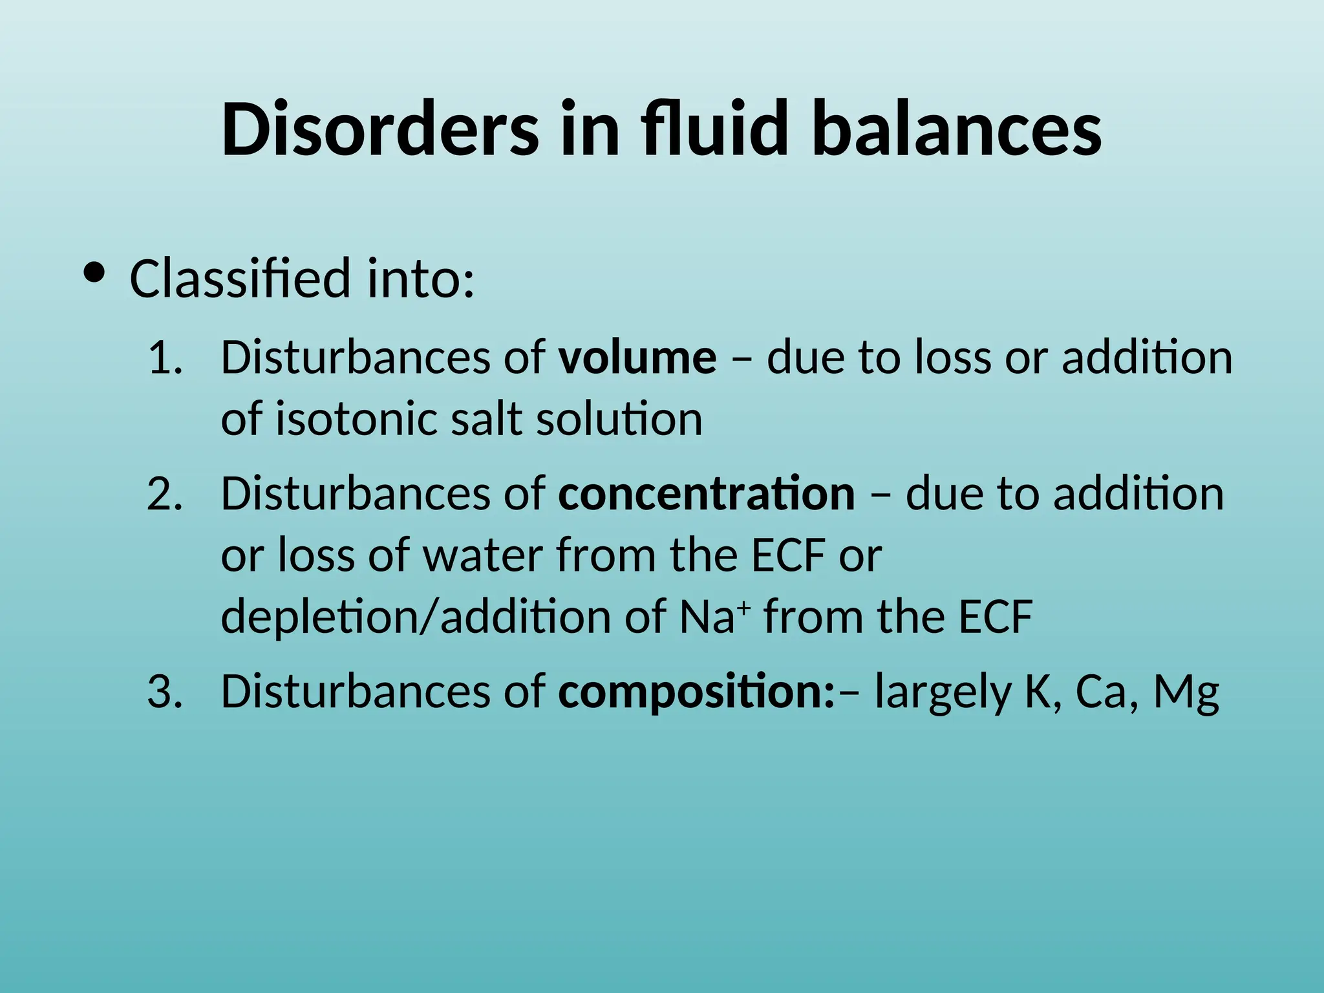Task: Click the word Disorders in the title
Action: pyautogui.click(x=379, y=129)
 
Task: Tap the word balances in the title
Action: pyautogui.click(x=957, y=129)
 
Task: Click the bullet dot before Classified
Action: pyautogui.click(x=94, y=273)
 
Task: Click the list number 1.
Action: pyautogui.click(x=165, y=358)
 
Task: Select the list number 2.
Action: pyautogui.click(x=165, y=494)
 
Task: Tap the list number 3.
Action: pyautogui.click(x=165, y=691)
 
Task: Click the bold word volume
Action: pyautogui.click(x=637, y=358)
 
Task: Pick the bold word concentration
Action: pyautogui.click(x=707, y=494)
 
